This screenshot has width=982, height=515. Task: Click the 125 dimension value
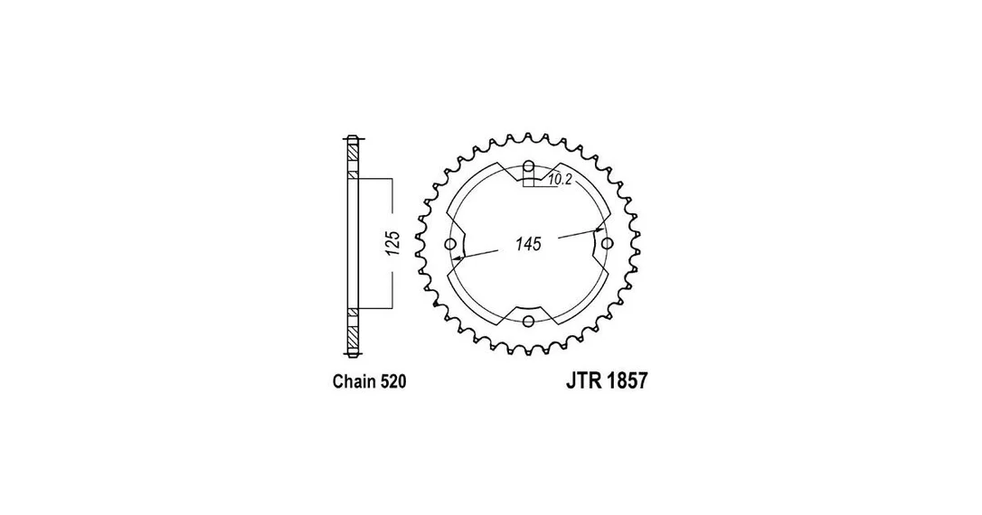(392, 243)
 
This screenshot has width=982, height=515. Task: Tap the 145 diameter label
(528, 243)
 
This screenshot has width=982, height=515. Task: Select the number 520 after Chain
(393, 381)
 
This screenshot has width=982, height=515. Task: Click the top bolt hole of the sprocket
(529, 166)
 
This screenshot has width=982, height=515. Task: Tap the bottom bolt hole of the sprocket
(529, 321)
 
